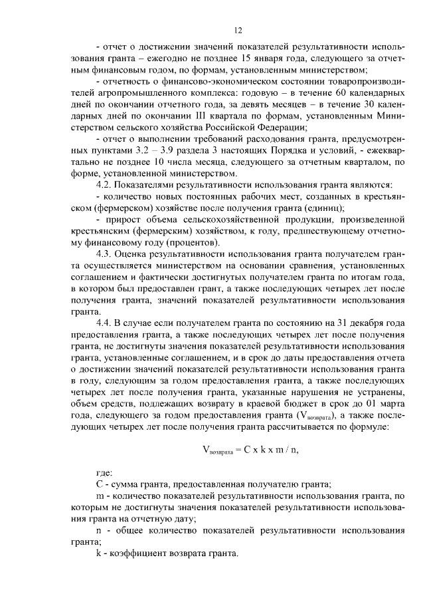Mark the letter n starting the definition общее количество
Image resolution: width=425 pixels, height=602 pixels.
pyautogui.click(x=99, y=530)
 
